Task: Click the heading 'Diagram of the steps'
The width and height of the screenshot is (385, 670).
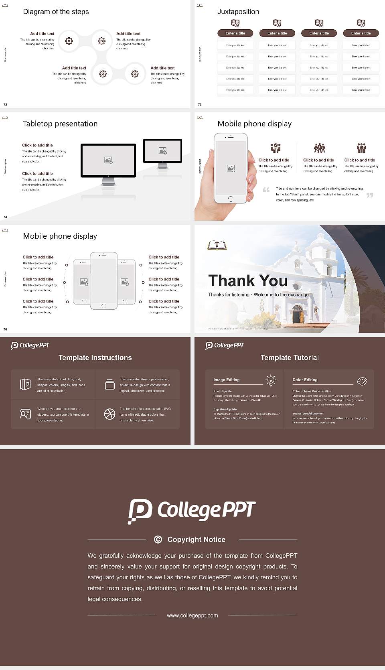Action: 56,12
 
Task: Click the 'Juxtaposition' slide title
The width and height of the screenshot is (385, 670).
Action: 238,12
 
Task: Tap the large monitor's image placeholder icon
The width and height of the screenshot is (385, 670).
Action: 108,160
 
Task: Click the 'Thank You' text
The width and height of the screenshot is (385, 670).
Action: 247,280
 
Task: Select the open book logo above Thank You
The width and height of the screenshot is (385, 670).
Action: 217,245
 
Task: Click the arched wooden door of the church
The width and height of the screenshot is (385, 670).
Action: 298,315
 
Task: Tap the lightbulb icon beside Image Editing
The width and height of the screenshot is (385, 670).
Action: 271,380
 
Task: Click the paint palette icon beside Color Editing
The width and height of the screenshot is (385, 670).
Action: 362,381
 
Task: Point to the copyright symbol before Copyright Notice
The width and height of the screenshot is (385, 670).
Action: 158,540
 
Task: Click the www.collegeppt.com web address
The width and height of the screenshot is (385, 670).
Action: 192,615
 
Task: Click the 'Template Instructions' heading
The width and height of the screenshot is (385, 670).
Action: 95,357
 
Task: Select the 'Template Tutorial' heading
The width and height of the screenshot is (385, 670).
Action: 290,357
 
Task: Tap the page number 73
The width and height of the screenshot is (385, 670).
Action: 200,105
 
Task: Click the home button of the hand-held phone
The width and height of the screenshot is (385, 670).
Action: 231,199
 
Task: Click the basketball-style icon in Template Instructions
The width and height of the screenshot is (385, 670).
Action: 109,414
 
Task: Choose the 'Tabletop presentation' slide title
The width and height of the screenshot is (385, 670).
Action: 60,124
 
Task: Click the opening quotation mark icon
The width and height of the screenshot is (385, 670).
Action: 266,190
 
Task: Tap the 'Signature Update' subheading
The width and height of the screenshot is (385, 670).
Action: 225,409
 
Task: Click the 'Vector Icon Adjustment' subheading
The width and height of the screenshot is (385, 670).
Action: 308,413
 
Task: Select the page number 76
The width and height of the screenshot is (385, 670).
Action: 5,329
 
